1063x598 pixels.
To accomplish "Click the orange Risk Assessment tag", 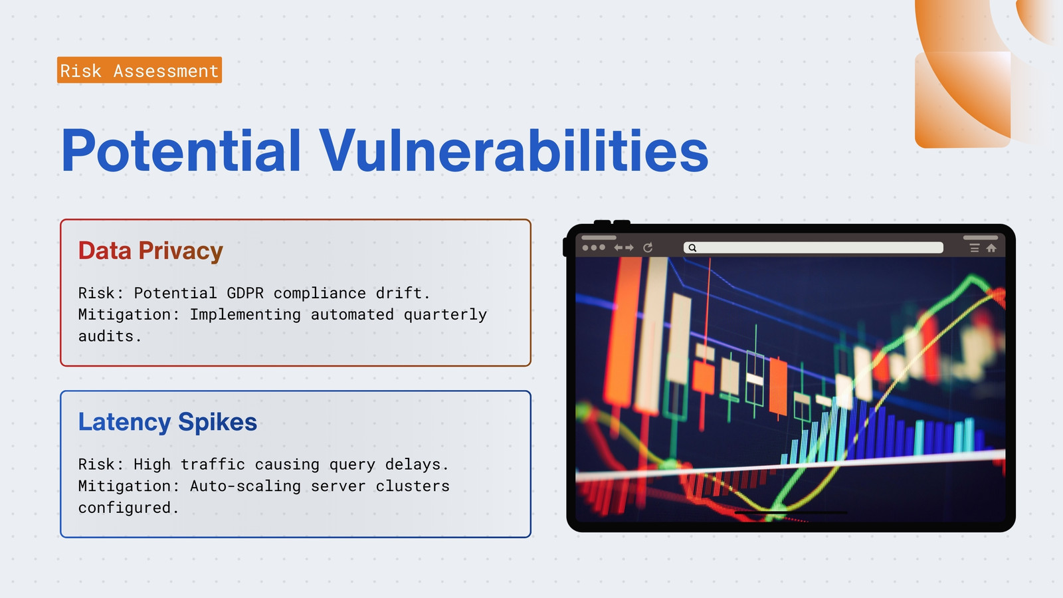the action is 140,70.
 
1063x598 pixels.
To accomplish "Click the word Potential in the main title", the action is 181,150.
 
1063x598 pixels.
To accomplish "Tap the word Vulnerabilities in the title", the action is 514,150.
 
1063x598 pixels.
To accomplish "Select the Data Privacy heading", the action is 150,250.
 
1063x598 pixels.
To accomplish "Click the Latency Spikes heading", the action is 167,422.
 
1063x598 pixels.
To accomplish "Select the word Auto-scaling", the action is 245,486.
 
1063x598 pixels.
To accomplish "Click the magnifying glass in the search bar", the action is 692,248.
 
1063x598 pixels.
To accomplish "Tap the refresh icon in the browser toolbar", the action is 648,247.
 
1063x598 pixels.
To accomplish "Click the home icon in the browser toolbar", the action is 991,248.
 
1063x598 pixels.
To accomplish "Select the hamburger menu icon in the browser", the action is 974,248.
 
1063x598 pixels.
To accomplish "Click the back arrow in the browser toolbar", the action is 618,248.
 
